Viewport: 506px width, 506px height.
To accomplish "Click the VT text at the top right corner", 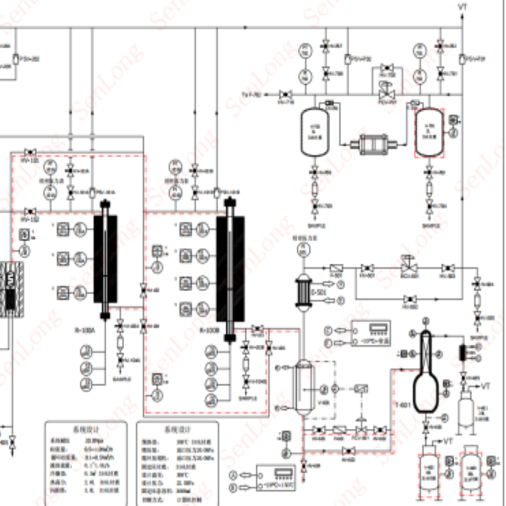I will pyautogui.click(x=463, y=6).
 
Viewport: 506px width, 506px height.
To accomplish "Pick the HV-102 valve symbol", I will pyautogui.click(x=29, y=211).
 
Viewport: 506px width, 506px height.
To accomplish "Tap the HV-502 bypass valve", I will pyautogui.click(x=410, y=299).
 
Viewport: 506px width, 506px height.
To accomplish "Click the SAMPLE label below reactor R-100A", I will pyautogui.click(x=122, y=379).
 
